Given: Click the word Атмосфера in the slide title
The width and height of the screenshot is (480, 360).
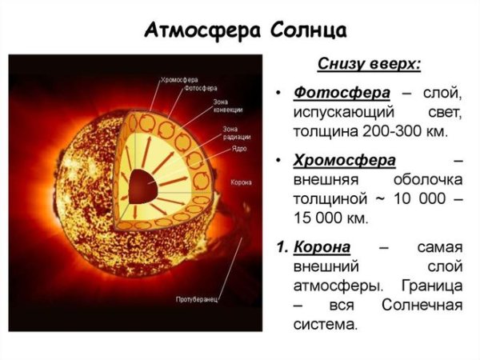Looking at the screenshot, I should tap(194, 31).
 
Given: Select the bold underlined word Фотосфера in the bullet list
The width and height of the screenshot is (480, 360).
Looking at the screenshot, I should tap(334, 93).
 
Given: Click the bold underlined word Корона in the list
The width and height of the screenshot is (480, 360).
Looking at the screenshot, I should tap(327, 246).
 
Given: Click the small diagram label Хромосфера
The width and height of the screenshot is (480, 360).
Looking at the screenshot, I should tap(179, 79).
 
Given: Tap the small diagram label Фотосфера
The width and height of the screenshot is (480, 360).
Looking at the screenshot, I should tap(200, 89).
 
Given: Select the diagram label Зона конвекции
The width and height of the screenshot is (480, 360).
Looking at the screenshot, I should tap(226, 106).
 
